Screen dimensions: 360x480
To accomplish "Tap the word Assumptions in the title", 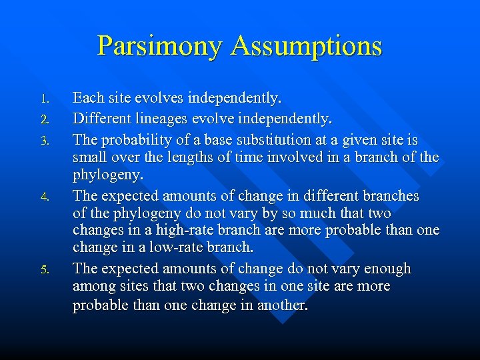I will click(307, 47).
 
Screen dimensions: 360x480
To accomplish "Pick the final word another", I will click(281, 305).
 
